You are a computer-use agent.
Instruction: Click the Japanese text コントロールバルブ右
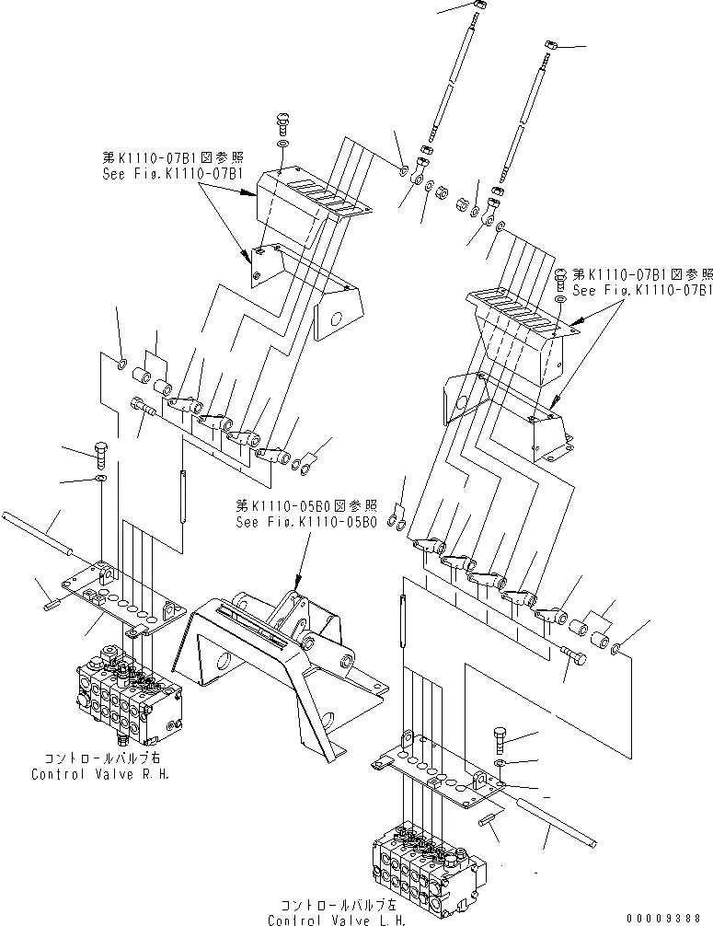[x=100, y=759]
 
